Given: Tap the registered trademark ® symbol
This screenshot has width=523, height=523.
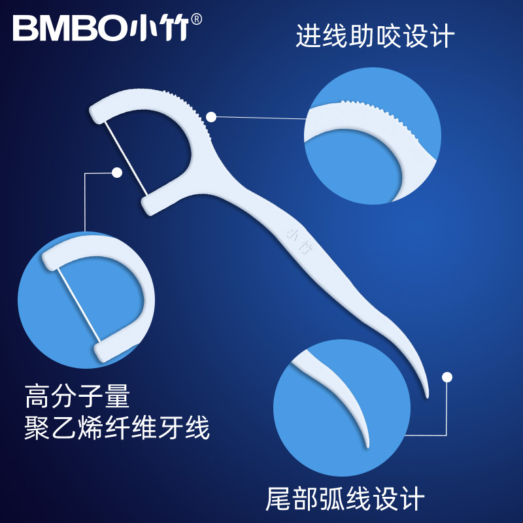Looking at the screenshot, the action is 197,20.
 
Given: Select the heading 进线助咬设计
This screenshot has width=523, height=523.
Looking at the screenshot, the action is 375,36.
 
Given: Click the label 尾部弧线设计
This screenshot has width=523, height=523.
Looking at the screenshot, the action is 345,499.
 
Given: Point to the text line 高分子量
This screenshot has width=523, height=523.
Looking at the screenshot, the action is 78,397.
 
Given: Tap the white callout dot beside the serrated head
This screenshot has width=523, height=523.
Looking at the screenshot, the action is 211,117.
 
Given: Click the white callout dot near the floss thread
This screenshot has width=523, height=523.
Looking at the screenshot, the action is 117,173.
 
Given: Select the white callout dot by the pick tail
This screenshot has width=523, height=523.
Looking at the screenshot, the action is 447,377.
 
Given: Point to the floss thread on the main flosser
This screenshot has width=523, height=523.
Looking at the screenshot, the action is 126,156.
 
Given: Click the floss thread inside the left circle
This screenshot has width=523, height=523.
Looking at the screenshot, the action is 77,302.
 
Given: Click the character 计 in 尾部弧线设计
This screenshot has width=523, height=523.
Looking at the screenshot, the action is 412,499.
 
